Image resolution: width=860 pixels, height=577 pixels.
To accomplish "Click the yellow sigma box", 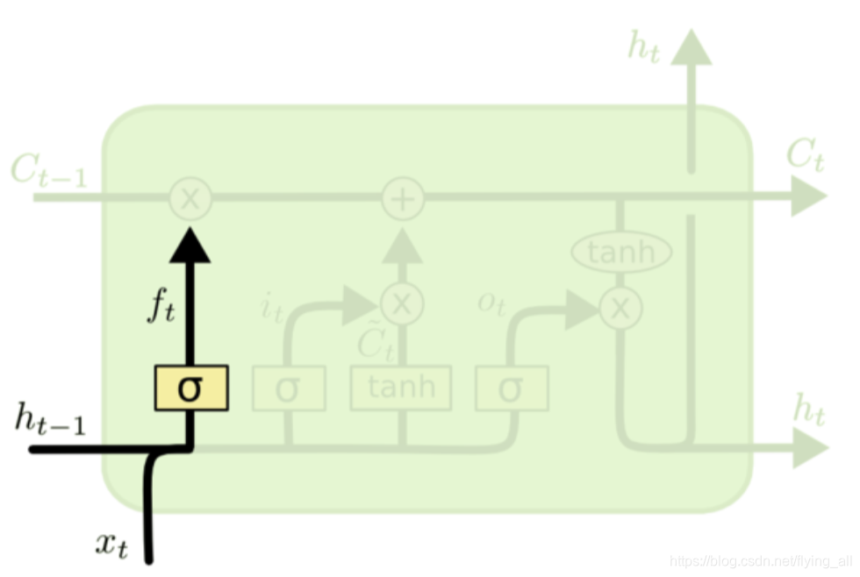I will coord(191,388).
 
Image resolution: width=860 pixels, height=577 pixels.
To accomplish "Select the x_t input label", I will coord(112,545).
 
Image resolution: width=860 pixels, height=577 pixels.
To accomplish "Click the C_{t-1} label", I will coord(49,170).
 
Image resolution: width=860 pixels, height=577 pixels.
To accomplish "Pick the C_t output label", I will coord(805,156).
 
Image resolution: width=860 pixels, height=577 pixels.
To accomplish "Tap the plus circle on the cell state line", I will coord(403,198).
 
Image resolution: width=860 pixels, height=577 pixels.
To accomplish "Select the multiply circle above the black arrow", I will coord(190,198).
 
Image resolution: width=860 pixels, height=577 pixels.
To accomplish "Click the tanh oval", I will coord(621,253).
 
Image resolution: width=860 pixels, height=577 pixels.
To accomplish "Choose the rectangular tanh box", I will coord(401,388).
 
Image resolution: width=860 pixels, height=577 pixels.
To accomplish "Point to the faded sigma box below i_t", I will coord(288,388).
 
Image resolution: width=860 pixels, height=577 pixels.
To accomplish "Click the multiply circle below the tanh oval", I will coord(620,307).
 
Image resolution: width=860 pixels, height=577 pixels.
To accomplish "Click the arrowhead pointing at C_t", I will coord(807,196).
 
